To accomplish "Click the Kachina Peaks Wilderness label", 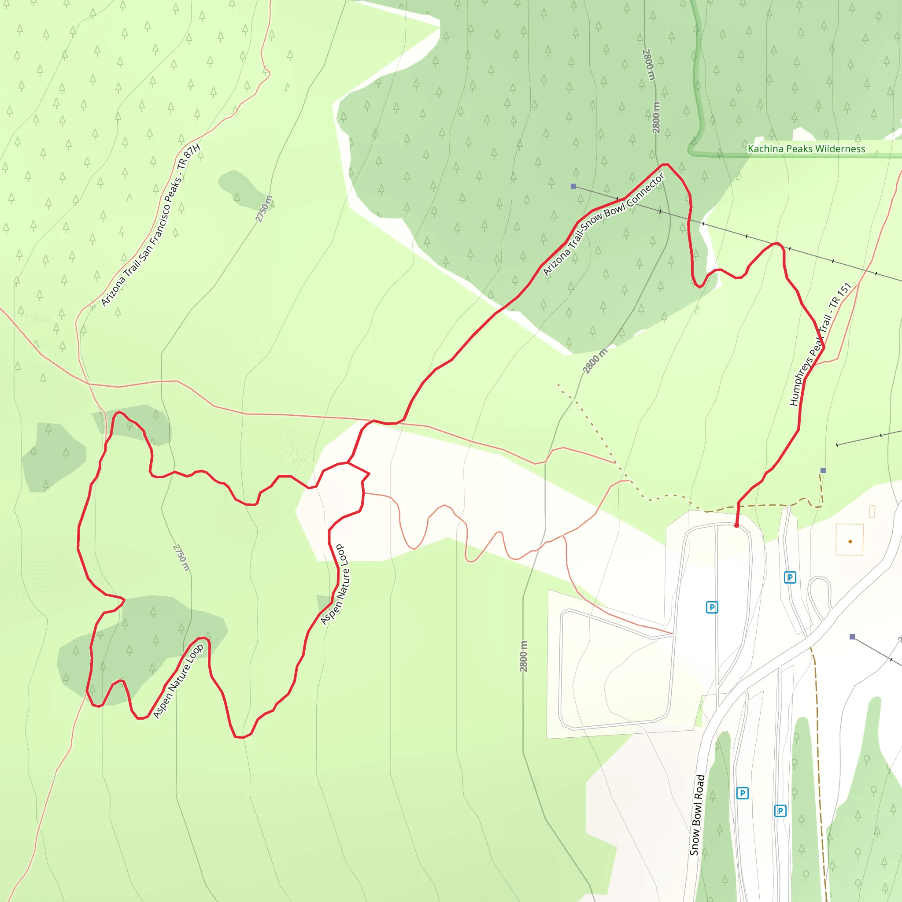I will coord(806,149).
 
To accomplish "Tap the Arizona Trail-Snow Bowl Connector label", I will coord(603,225).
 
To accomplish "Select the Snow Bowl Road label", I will coord(697,815).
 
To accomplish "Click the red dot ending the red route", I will coord(737,526).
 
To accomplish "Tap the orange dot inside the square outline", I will coord(850,542).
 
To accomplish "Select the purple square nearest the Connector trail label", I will coord(573,187).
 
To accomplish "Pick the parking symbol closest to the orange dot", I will coord(790,577).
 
